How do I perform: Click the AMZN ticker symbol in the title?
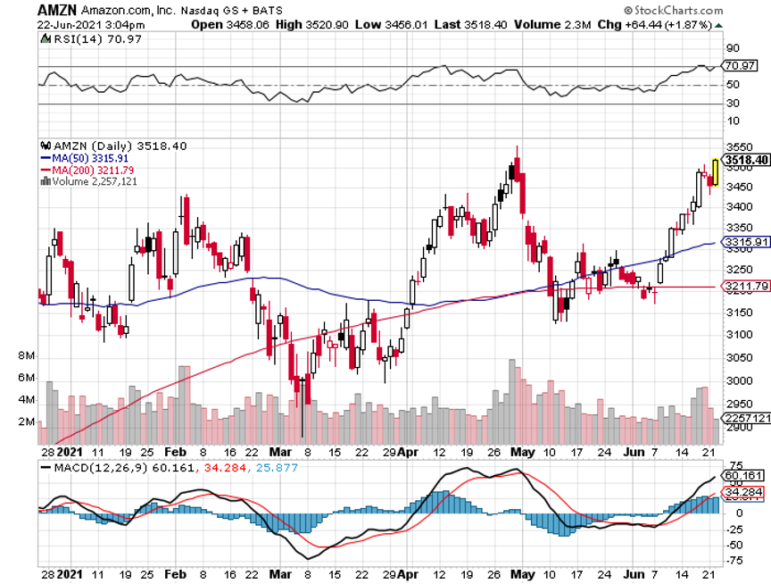coord(56,8)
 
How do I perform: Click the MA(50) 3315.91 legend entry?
coord(92,158)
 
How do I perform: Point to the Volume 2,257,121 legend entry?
coord(89,181)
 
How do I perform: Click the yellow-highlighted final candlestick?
coord(716,171)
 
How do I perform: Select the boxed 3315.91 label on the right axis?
coord(746,242)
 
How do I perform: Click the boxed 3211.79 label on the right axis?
coord(746,287)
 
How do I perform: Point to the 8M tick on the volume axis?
coord(26,355)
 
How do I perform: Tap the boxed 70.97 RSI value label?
coord(741,65)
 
